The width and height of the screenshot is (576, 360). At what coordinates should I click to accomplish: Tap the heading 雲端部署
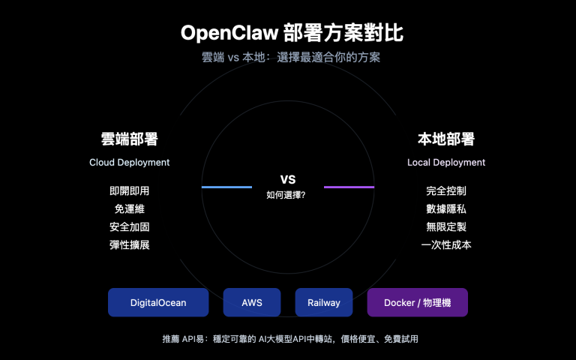pos(129,139)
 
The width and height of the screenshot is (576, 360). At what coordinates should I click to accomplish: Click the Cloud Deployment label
pos(129,162)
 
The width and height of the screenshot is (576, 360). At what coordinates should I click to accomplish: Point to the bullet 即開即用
pos(129,191)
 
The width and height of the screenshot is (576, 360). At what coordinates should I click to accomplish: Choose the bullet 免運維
pos(129,209)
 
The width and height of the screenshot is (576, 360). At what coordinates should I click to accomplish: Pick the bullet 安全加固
pos(129,227)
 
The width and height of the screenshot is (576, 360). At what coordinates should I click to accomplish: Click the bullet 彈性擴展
pos(129,244)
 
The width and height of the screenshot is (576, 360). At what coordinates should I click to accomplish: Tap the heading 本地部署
pos(446,139)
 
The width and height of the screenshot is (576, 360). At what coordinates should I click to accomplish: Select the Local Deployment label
pos(446,162)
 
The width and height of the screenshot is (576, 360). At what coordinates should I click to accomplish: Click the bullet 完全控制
pos(446,191)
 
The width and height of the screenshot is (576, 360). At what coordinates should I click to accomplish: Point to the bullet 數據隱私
pos(446,209)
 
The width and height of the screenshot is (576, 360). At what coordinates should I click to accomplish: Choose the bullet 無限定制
pos(446,227)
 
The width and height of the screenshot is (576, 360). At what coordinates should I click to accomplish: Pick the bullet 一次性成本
pos(446,244)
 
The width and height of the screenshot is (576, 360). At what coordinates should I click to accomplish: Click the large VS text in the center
pos(288,180)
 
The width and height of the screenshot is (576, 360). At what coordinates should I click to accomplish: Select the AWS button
pos(252,302)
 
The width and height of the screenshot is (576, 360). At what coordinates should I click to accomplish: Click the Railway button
pos(324,302)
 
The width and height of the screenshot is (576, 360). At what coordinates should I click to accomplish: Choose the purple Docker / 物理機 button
pos(417,302)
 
